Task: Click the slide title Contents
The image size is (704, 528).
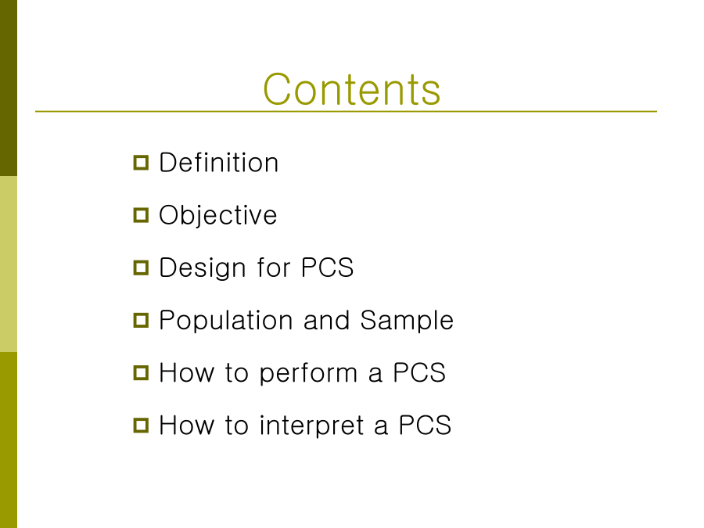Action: click(x=351, y=89)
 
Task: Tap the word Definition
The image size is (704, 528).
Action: click(x=219, y=162)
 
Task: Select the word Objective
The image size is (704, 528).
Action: click(x=217, y=216)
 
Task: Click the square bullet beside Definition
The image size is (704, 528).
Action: click(x=141, y=163)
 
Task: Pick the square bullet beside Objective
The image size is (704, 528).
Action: click(x=141, y=215)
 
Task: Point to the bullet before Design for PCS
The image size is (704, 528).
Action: click(x=141, y=268)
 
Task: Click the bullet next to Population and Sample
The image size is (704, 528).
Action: click(x=141, y=320)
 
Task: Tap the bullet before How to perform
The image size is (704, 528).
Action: click(x=141, y=372)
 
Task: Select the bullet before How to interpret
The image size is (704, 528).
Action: click(x=141, y=426)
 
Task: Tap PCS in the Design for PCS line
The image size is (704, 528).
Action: click(x=327, y=268)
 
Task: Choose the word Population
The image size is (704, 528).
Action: click(x=226, y=321)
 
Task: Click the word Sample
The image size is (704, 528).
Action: click(x=407, y=321)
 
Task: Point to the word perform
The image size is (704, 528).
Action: click(x=308, y=374)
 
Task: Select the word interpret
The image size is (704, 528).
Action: click(x=311, y=426)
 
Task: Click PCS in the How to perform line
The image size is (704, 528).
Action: click(x=419, y=372)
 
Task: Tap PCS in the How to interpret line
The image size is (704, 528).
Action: click(x=426, y=426)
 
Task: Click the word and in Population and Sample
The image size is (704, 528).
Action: click(x=326, y=320)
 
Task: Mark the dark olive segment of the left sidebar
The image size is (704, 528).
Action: click(x=9, y=88)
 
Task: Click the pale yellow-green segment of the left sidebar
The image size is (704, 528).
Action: click(x=9, y=264)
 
